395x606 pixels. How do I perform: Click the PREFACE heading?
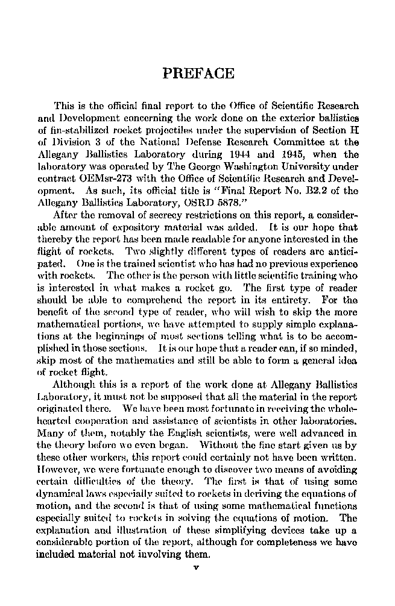(199, 74)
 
